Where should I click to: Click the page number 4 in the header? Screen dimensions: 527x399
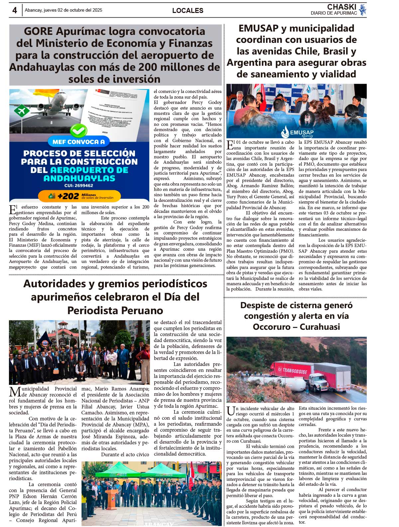point(15,10)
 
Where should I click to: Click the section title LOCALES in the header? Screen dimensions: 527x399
point(188,11)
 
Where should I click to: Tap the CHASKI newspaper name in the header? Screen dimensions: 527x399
point(341,7)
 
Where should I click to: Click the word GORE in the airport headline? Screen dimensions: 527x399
point(38,31)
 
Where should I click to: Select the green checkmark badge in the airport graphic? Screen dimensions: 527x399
point(79,131)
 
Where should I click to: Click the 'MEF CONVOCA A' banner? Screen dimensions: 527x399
point(78,142)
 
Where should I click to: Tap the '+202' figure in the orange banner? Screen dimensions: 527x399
point(68,196)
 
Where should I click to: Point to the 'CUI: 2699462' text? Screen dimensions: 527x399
point(79,186)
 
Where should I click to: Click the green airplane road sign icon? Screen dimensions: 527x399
point(22,110)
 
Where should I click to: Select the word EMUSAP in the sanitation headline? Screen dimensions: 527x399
point(258,29)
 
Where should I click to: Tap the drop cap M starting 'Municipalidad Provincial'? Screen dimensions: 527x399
point(15,392)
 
